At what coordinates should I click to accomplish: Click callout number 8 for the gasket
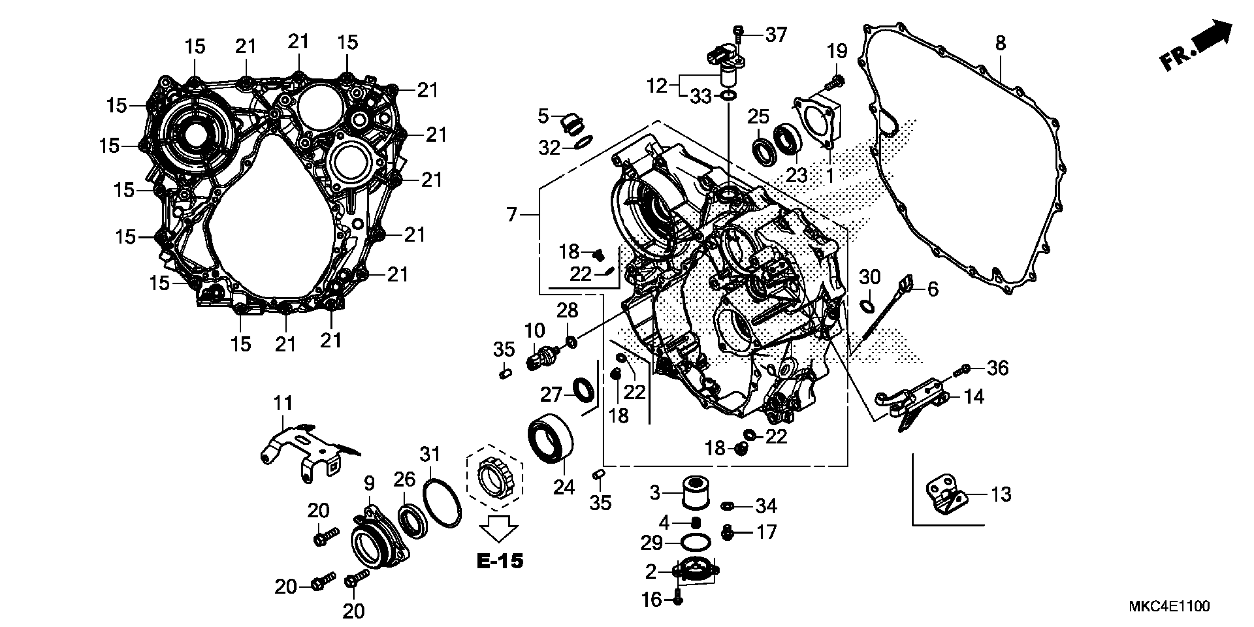tap(1000, 43)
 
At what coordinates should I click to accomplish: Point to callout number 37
tap(776, 35)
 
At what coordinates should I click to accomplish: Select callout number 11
tap(283, 403)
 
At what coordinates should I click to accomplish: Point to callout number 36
tap(997, 368)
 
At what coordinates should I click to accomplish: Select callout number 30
tap(869, 277)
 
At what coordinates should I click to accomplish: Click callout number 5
tap(543, 116)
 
